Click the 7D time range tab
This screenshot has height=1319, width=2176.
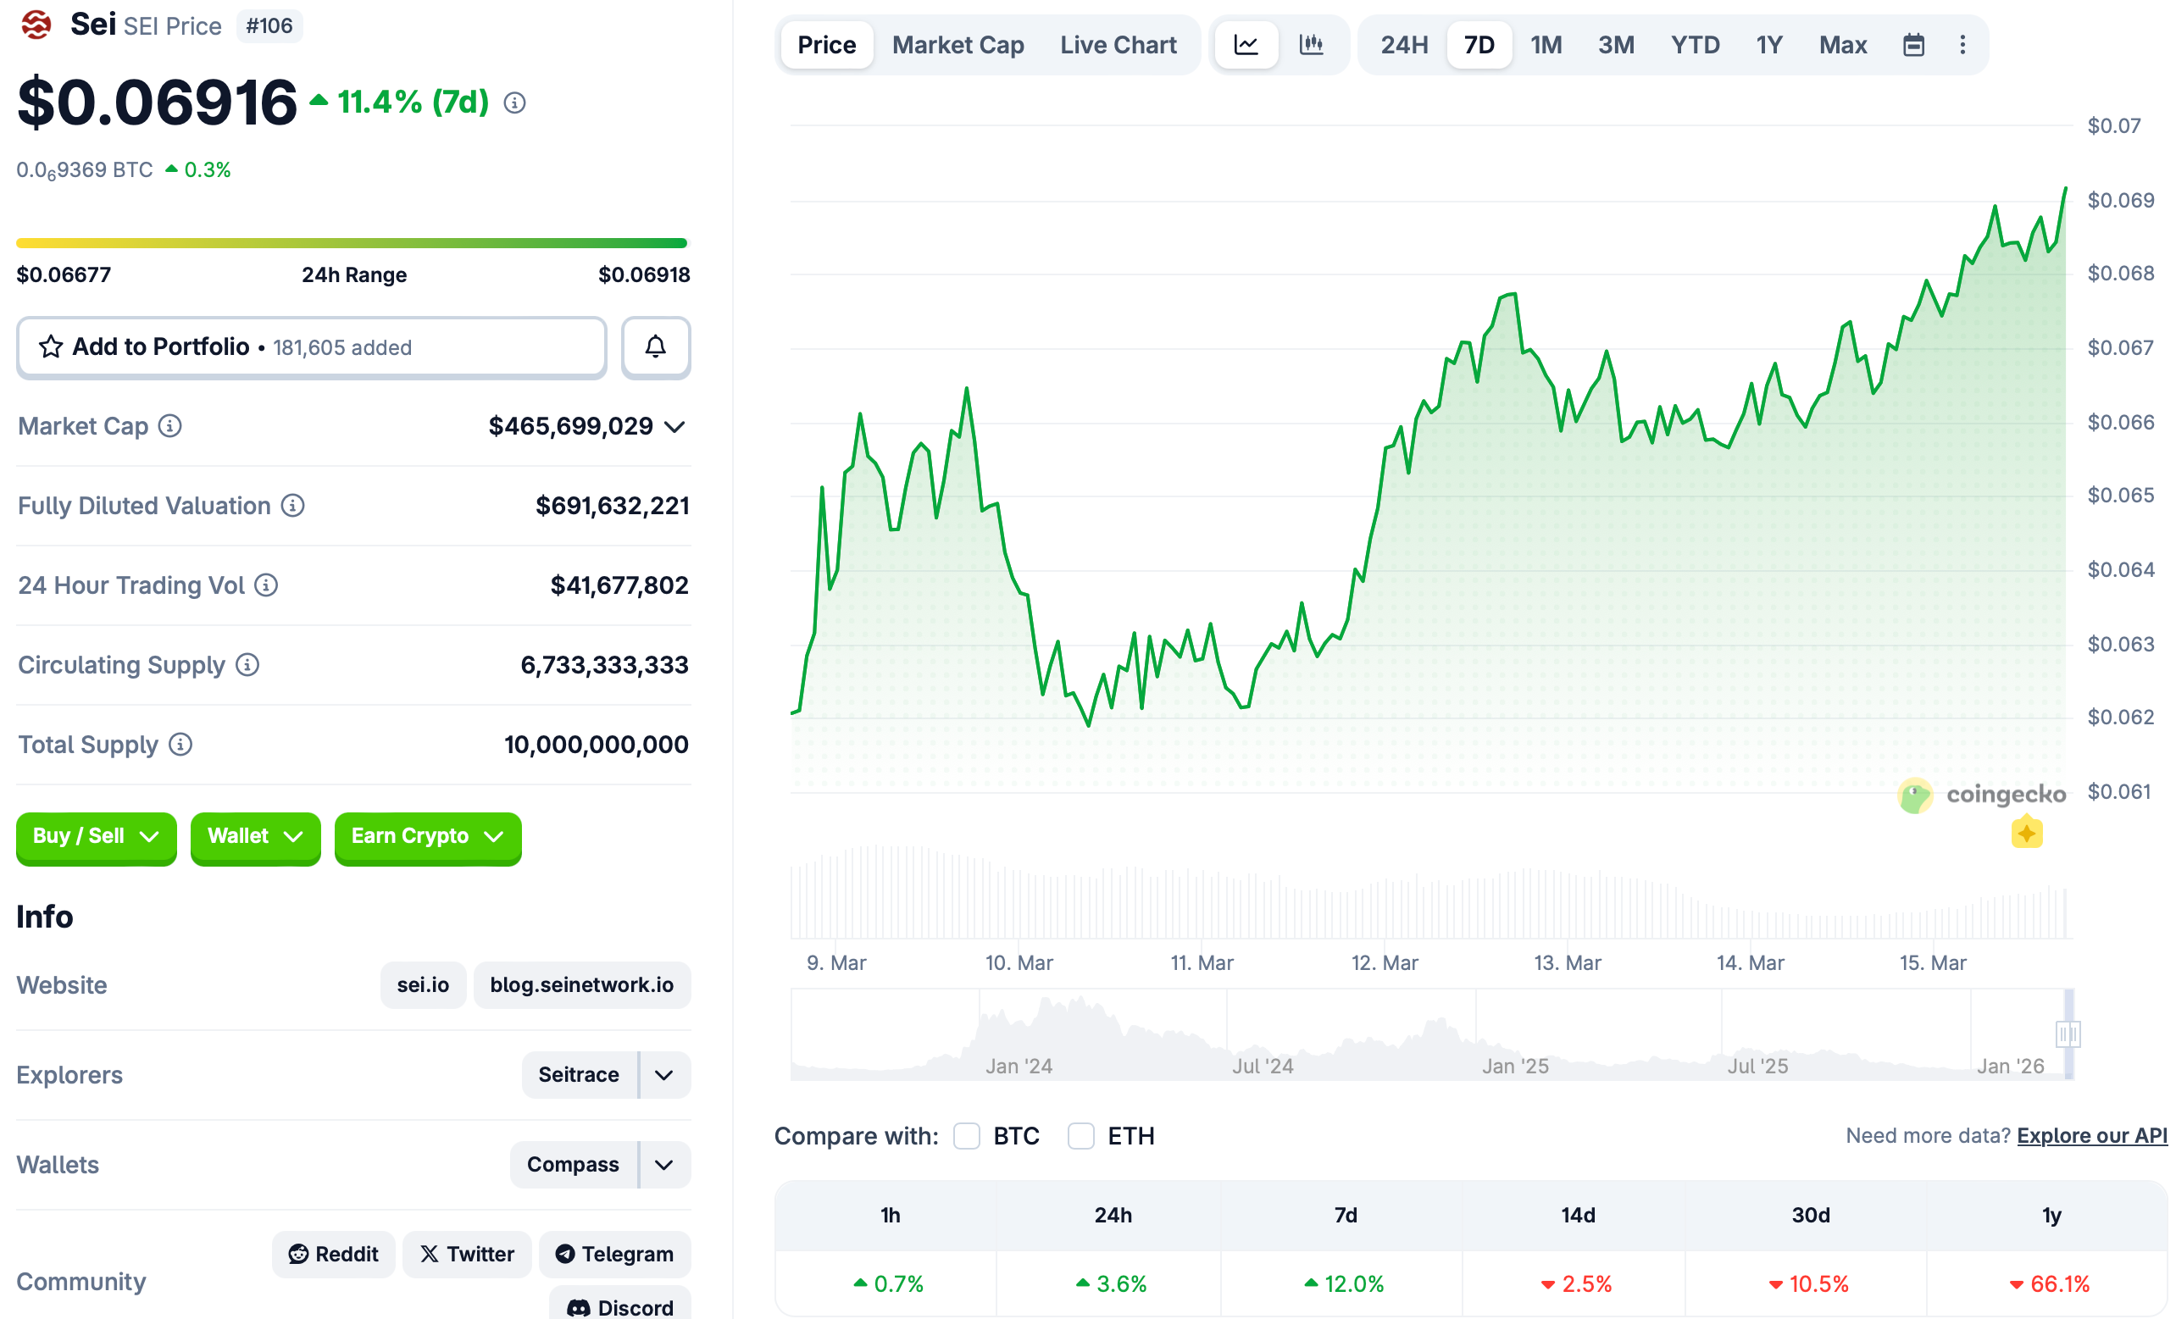(x=1479, y=45)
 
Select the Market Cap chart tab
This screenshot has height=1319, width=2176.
(x=958, y=45)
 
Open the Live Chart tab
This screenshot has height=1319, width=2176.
(x=1118, y=45)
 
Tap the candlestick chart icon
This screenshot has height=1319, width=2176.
(x=1312, y=45)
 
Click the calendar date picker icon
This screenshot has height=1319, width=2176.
(x=1912, y=45)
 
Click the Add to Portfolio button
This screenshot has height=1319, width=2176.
(x=312, y=347)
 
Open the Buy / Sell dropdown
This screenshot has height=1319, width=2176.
(x=97, y=836)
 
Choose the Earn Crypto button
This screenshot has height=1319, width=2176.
(x=427, y=836)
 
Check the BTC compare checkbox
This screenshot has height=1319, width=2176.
(x=967, y=1135)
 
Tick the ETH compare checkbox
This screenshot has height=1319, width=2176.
(x=1081, y=1135)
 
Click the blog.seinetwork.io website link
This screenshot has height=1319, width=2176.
(x=581, y=984)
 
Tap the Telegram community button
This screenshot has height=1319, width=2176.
(x=614, y=1254)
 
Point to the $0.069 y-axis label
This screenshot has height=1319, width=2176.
(x=2120, y=201)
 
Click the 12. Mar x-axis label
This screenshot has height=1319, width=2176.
(x=1384, y=962)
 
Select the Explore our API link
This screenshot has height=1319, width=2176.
(x=2091, y=1135)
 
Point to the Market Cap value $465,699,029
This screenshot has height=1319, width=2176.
(x=570, y=426)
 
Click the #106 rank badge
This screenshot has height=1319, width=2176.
(x=269, y=25)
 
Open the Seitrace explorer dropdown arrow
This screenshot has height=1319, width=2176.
(x=664, y=1074)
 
